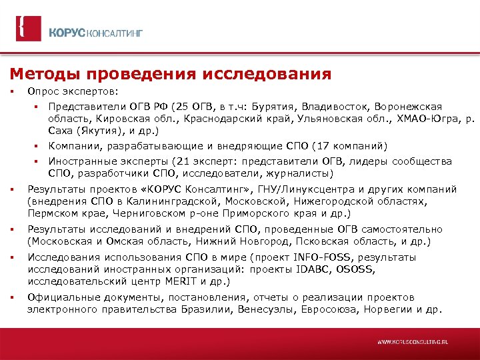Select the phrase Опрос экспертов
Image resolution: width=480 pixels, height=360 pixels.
coord(72,91)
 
